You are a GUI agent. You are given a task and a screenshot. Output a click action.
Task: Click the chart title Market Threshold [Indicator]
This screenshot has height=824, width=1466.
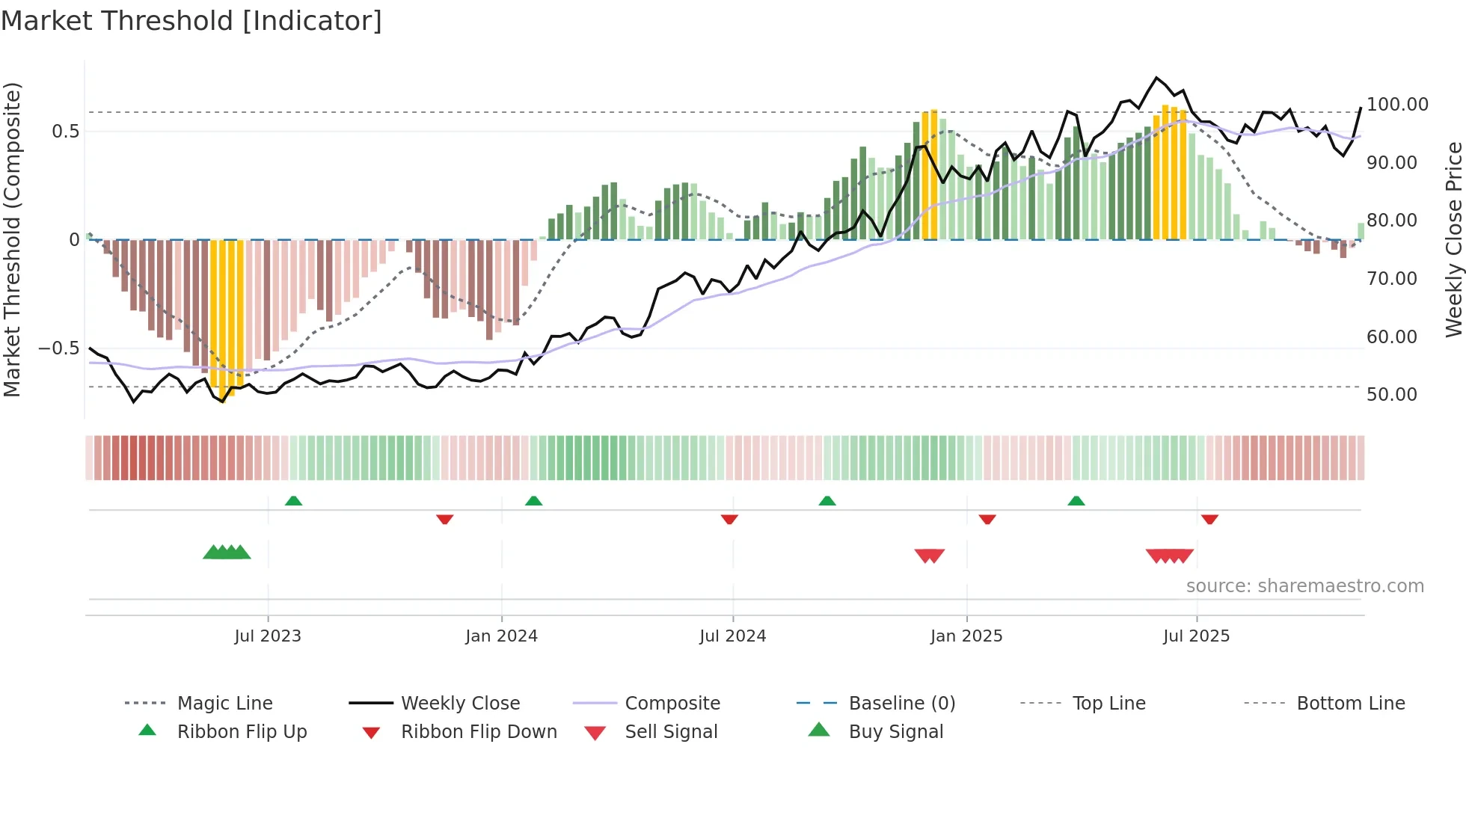click(x=191, y=21)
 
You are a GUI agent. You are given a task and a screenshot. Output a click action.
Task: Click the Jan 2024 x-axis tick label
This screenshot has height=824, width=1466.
click(x=501, y=636)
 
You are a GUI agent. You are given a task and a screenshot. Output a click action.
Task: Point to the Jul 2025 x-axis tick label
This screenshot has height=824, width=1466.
click(x=1196, y=636)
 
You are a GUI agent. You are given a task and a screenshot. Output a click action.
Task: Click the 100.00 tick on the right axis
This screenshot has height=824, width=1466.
click(x=1397, y=105)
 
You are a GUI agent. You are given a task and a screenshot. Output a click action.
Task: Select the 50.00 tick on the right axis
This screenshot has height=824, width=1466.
click(x=1391, y=395)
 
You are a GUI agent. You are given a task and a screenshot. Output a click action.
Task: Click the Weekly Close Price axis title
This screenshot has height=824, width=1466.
click(x=1453, y=239)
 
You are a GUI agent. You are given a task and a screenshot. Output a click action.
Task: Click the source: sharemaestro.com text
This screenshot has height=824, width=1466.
click(x=1304, y=586)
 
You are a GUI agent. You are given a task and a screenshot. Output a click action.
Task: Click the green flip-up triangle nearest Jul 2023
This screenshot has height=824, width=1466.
click(x=294, y=501)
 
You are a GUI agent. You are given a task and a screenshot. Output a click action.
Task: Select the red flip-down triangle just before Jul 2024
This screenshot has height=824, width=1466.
click(x=729, y=519)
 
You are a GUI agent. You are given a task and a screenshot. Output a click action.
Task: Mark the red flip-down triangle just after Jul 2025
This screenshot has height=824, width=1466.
click(x=1209, y=519)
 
